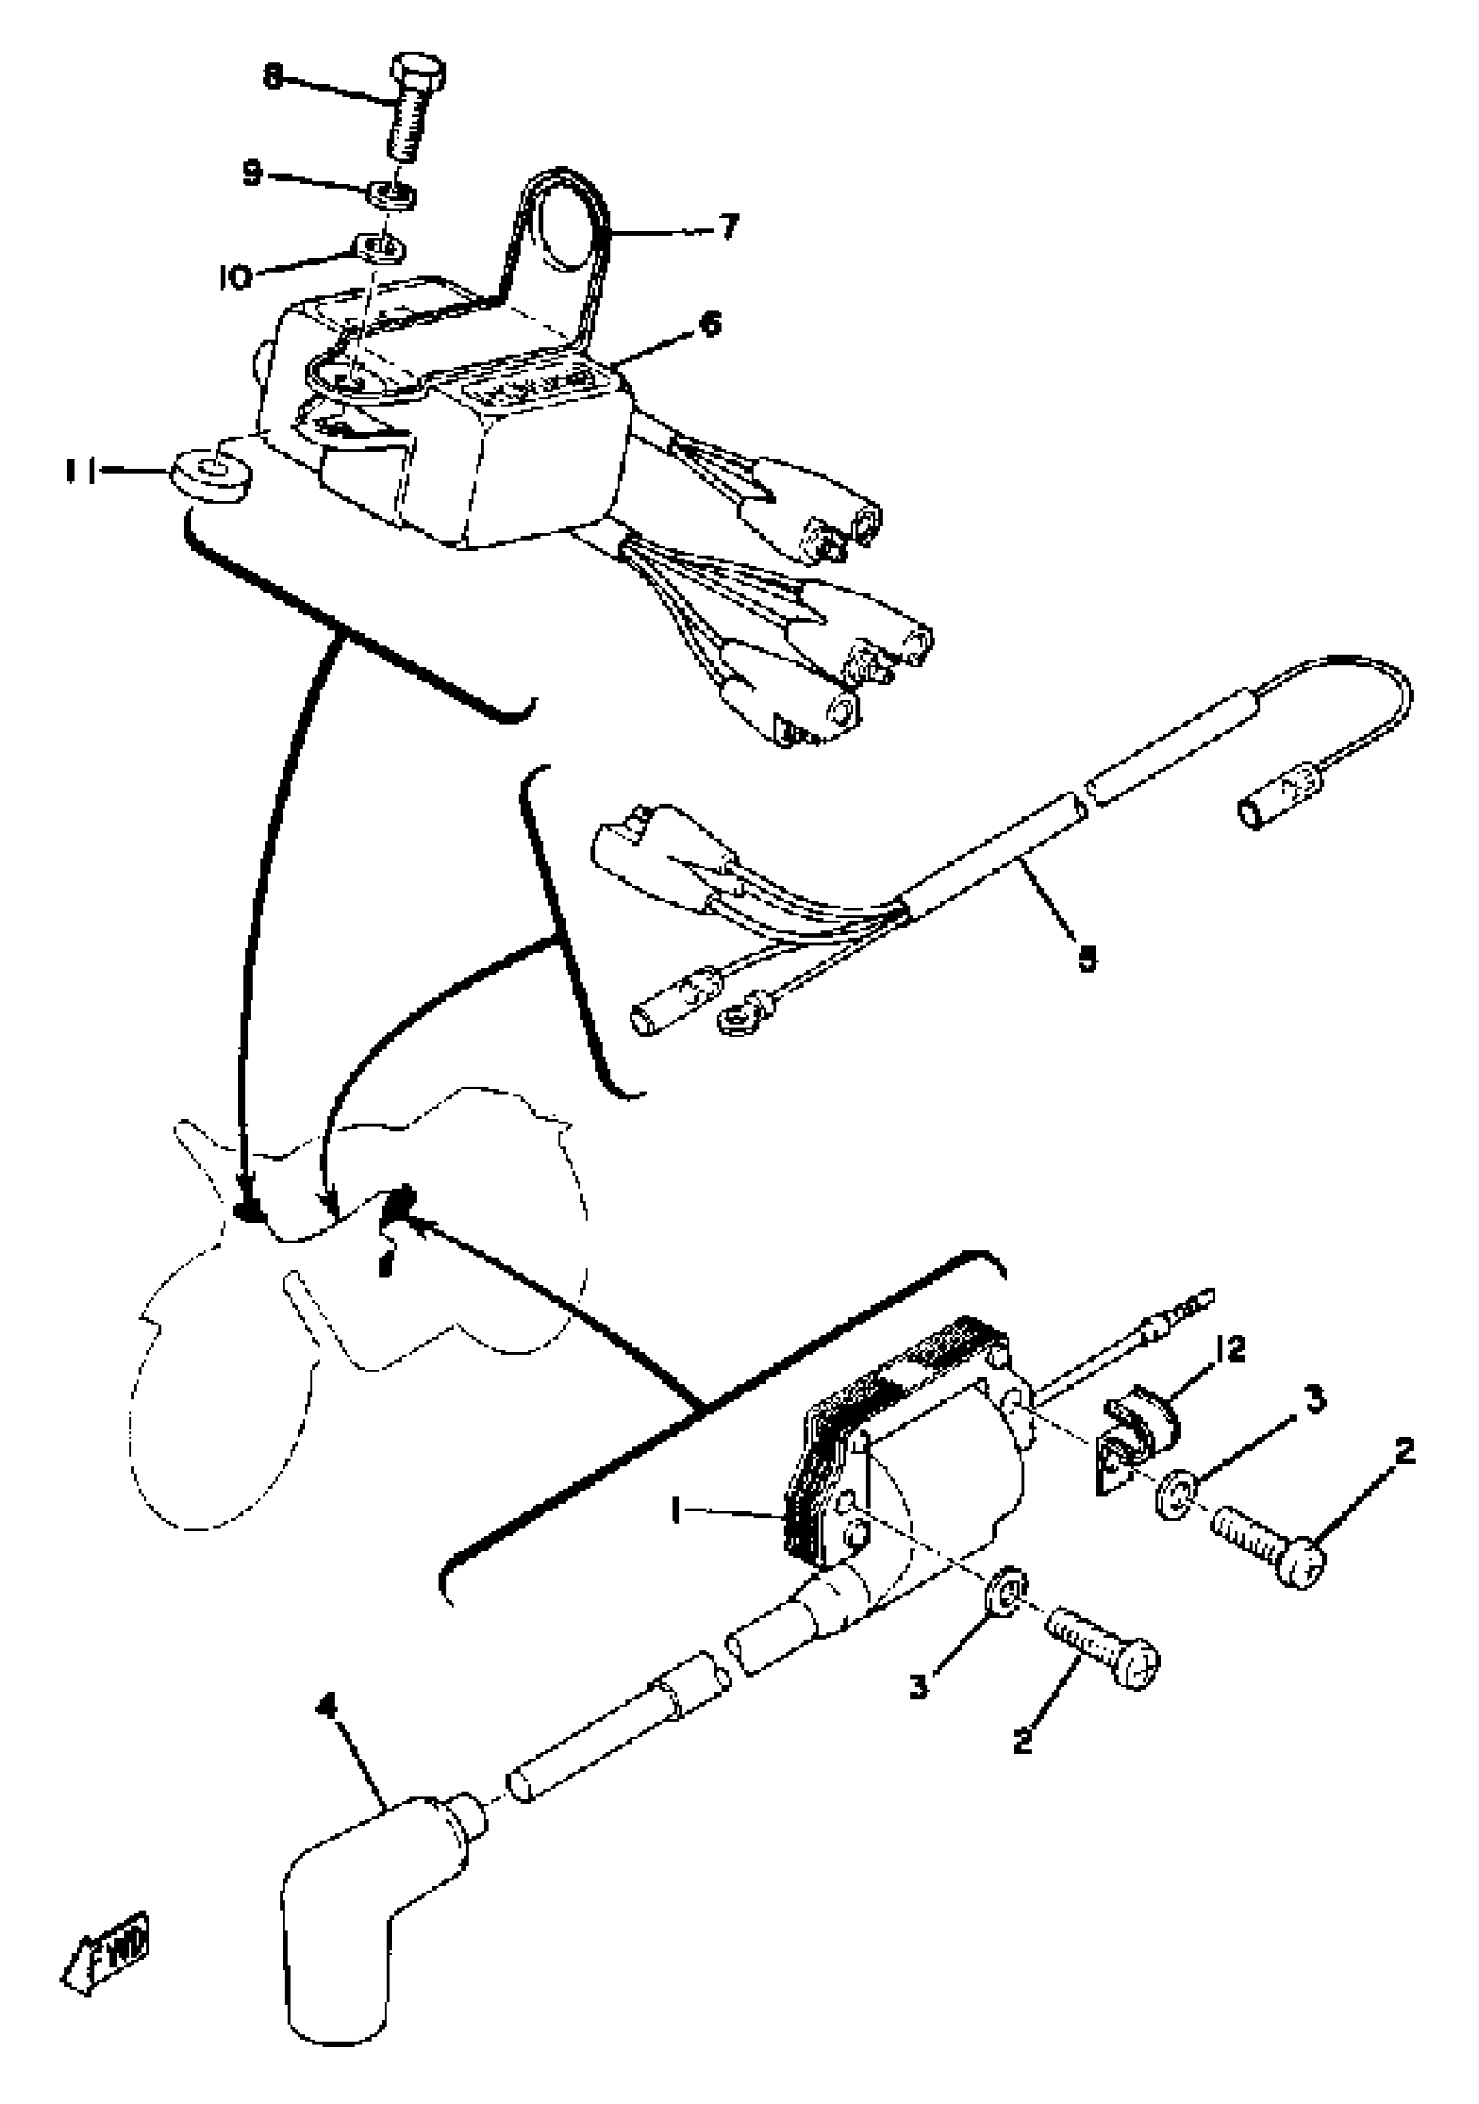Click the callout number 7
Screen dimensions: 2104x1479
[726, 224]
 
